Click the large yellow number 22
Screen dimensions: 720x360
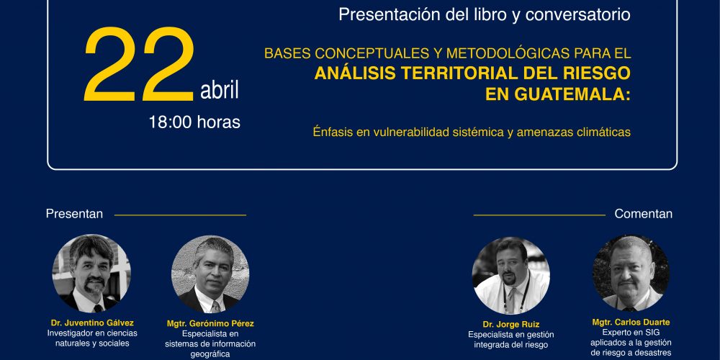pyautogui.click(x=140, y=64)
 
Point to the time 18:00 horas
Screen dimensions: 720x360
pyautogui.click(x=194, y=122)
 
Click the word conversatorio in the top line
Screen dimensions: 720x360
pyautogui.click(x=577, y=14)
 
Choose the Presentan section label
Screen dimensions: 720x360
pyautogui.click(x=74, y=214)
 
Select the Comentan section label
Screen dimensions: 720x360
pyautogui.click(x=643, y=214)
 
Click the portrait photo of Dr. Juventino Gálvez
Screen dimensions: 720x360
pyautogui.click(x=91, y=274)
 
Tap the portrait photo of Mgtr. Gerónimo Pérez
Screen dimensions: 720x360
pyautogui.click(x=210, y=274)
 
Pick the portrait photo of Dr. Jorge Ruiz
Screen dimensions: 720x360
pyautogui.click(x=511, y=276)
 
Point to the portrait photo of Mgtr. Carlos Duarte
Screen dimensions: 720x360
pyautogui.click(x=631, y=273)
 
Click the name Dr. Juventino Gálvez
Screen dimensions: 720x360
pyautogui.click(x=92, y=323)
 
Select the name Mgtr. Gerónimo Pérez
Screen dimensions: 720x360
pyautogui.click(x=210, y=324)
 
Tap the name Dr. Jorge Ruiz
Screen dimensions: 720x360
pyautogui.click(x=511, y=325)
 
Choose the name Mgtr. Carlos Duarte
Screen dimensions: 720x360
pyautogui.click(x=631, y=323)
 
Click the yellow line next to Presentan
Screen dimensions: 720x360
pyautogui.click(x=180, y=215)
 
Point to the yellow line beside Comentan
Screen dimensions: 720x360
pyautogui.click(x=539, y=215)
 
